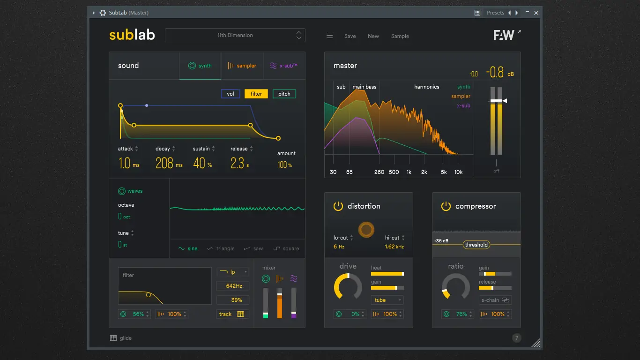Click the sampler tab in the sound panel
(x=242, y=66)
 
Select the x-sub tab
(x=284, y=66)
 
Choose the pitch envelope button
(x=284, y=94)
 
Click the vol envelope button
(x=231, y=94)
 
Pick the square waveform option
(x=286, y=249)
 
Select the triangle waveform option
(x=221, y=249)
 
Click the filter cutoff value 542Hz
(x=233, y=286)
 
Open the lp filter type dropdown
(x=233, y=272)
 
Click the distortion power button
(x=338, y=206)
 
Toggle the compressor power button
(x=446, y=206)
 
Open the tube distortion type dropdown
(x=387, y=300)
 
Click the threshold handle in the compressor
(x=476, y=245)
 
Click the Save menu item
(x=350, y=36)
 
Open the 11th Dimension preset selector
(x=235, y=35)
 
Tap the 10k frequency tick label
(x=458, y=172)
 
